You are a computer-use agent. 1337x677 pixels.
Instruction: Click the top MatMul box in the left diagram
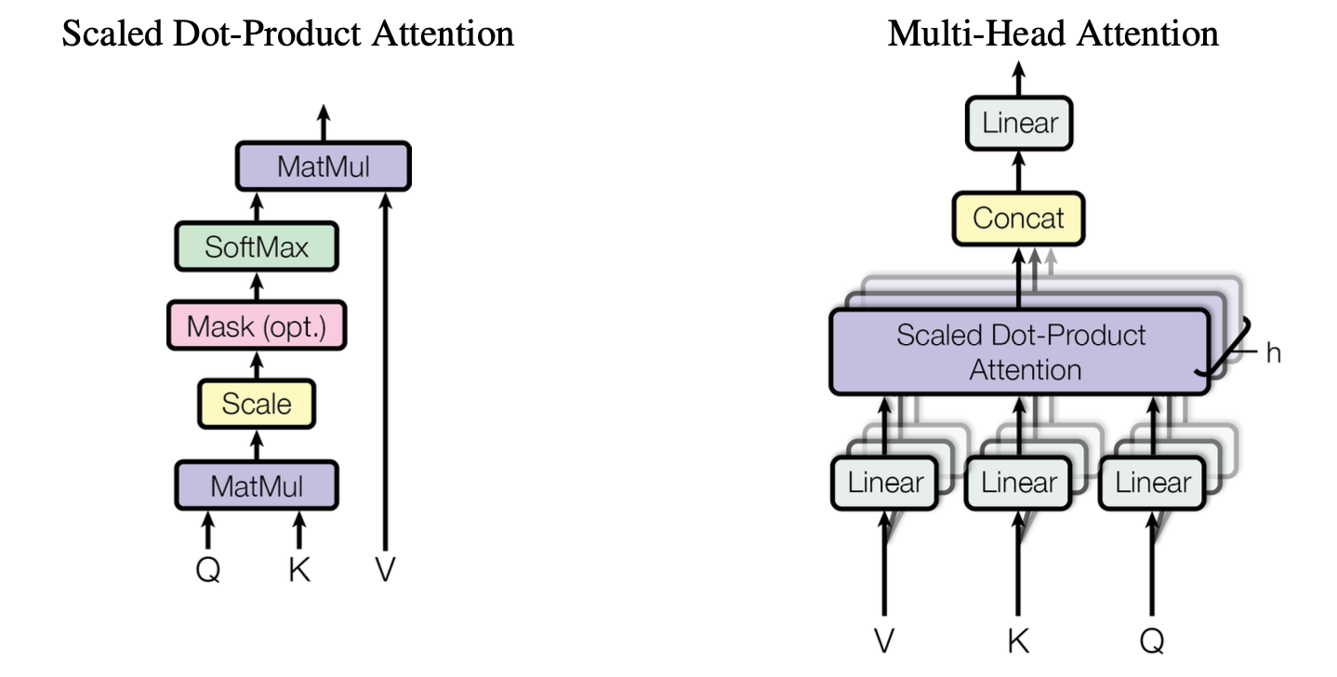tap(323, 167)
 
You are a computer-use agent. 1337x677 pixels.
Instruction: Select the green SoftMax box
tap(256, 246)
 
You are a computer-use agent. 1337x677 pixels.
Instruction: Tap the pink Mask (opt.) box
tap(256, 325)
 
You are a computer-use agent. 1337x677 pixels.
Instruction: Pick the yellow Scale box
tap(257, 404)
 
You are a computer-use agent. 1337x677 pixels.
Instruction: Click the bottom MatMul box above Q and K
tap(257, 485)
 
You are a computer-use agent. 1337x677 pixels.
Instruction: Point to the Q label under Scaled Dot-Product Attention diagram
tap(207, 569)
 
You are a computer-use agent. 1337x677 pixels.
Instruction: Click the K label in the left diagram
tap(298, 569)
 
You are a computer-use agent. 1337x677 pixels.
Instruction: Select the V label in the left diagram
tap(385, 569)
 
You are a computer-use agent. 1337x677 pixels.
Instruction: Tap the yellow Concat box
tap(1019, 219)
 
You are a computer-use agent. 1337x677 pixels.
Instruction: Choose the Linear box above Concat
tap(1020, 123)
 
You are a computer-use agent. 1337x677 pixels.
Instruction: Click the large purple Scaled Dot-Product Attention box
tap(1020, 352)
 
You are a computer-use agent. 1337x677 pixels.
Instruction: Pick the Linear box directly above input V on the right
tap(885, 483)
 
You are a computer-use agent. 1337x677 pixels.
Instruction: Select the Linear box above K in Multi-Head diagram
tap(1019, 483)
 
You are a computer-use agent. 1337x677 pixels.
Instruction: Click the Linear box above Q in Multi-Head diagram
tap(1153, 483)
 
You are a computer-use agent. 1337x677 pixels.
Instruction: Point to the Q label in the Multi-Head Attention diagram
tap(1151, 640)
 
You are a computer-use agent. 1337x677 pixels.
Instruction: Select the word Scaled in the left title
tap(103, 34)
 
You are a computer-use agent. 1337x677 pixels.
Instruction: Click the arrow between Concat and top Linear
tap(1020, 172)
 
